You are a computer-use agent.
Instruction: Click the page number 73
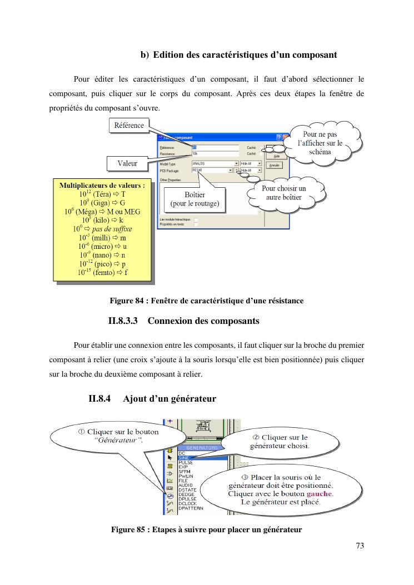360,546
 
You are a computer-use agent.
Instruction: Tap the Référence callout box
129,126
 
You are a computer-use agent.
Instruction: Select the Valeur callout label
127,163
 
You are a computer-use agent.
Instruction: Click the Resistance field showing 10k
215,153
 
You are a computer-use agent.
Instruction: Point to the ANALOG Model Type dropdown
215,164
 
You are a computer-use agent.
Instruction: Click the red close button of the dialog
287,137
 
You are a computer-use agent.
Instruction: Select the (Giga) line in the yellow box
102,203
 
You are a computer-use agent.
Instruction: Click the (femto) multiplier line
102,273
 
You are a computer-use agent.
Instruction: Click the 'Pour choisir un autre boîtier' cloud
283,193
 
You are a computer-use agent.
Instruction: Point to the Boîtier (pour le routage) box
194,199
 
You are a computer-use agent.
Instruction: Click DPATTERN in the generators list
191,508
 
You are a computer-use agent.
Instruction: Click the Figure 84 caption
206,301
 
